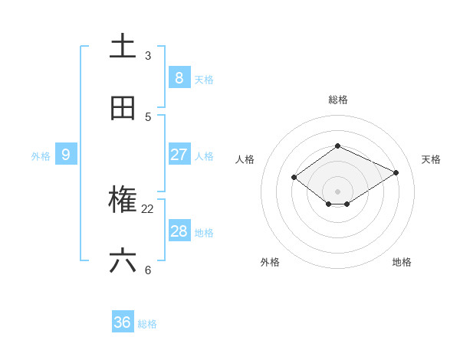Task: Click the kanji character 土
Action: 123,46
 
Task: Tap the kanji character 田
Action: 123,108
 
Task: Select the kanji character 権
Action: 123,201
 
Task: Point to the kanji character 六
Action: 123,262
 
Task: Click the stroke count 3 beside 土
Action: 148,56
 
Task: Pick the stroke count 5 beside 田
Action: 148,117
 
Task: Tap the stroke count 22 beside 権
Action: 148,209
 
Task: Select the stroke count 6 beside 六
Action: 148,270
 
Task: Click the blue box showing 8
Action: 179,77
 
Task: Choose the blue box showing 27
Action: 179,155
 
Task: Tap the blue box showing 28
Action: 179,231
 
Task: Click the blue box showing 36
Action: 123,322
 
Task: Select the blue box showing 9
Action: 66,155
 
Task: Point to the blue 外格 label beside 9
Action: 41,156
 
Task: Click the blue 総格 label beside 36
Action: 147,324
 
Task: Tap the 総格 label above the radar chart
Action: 338,100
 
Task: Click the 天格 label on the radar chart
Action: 431,159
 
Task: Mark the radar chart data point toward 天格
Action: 396,172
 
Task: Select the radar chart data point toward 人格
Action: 294,177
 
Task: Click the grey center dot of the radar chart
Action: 337,191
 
